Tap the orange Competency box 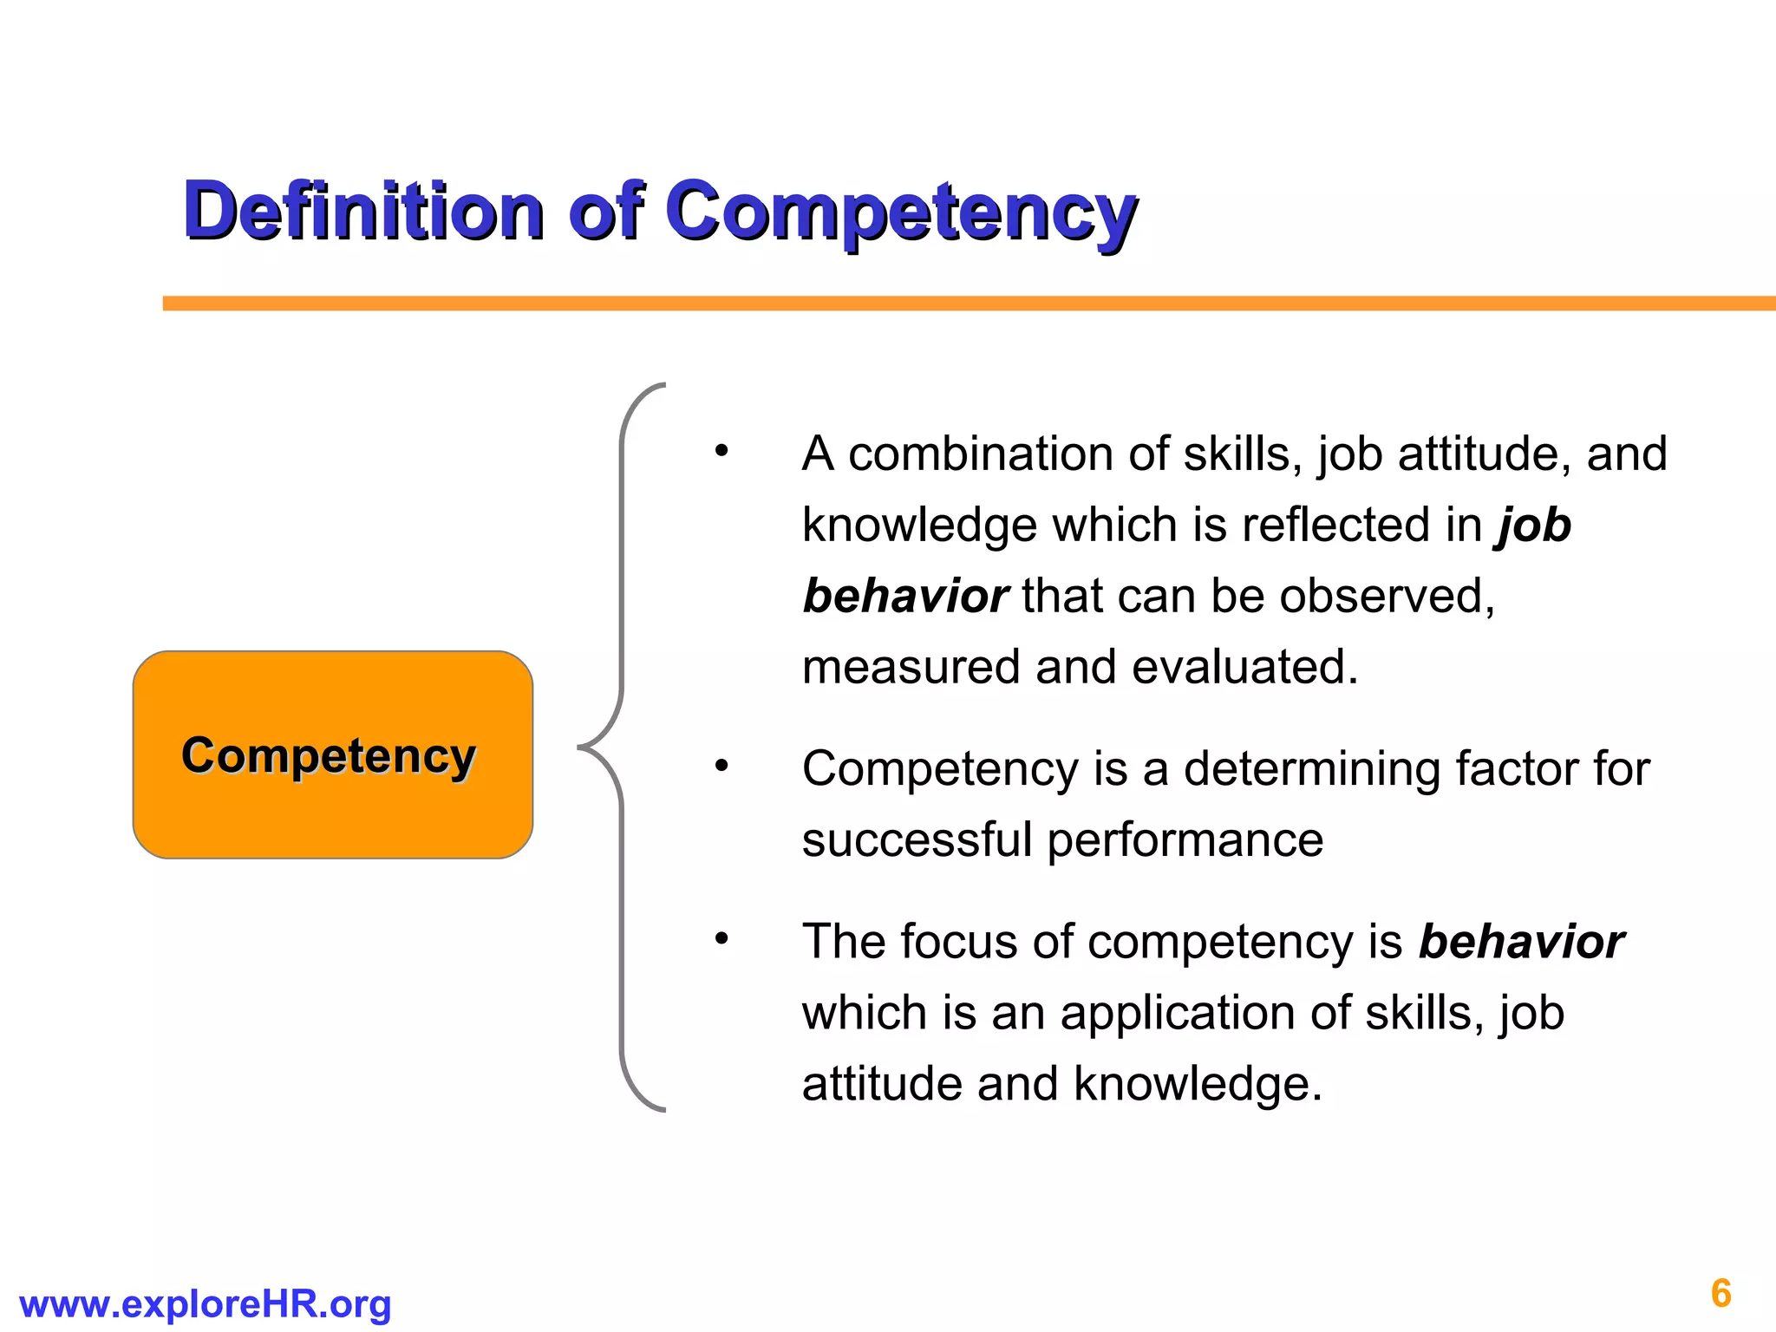(332, 754)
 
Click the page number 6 (1720, 1293)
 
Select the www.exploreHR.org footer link (205, 1304)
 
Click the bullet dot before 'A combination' (721, 452)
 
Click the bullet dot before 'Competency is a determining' (721, 767)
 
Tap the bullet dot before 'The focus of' (721, 939)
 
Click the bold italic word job (1533, 526)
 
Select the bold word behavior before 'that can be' (904, 597)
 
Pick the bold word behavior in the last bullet (1521, 942)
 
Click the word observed (1386, 597)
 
